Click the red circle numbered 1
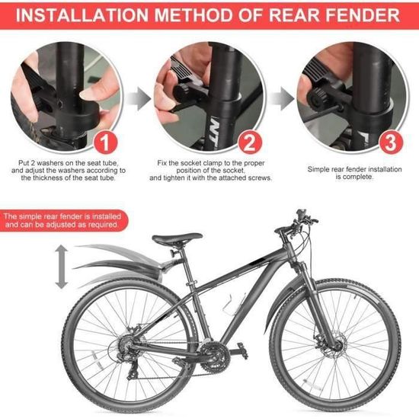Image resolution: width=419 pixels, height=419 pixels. (x=105, y=142)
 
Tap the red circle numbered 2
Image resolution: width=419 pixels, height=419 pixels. (x=250, y=142)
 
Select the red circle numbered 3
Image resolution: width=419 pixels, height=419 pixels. (x=391, y=142)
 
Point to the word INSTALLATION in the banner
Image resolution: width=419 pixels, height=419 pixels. (x=82, y=15)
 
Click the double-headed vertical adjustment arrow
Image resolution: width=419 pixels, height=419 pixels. (x=62, y=267)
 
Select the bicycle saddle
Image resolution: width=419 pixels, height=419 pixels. (x=177, y=238)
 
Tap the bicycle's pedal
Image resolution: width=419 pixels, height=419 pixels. (x=241, y=350)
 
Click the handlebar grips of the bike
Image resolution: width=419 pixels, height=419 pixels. (x=309, y=219)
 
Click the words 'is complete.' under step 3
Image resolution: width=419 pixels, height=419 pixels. (x=354, y=177)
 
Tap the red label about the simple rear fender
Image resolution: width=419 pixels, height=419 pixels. (x=62, y=220)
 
